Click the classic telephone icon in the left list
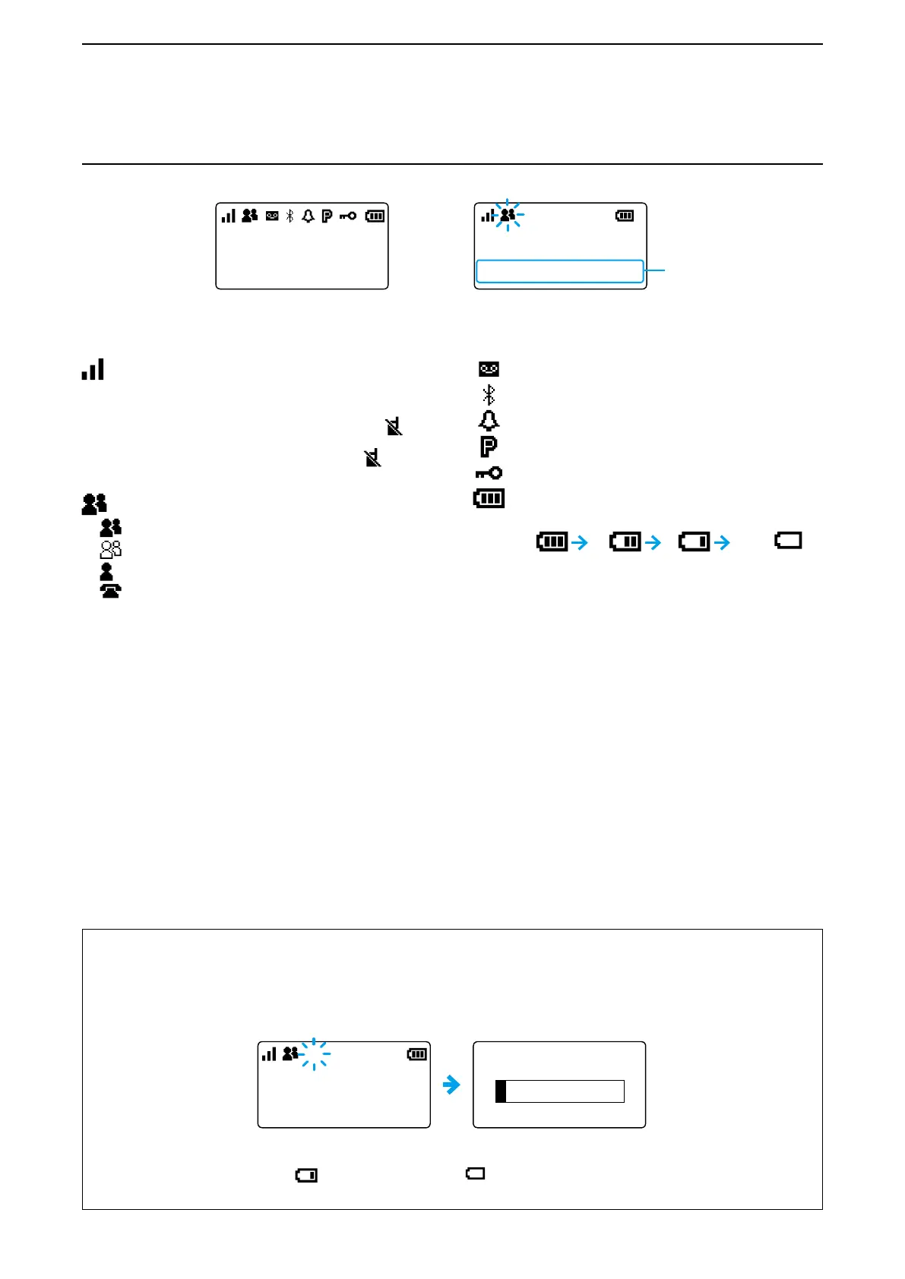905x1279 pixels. tap(110, 590)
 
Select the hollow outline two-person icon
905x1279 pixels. tap(110, 548)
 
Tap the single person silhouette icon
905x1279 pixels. tap(106, 571)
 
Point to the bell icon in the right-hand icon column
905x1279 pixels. tap(489, 420)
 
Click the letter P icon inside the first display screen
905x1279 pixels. tap(327, 216)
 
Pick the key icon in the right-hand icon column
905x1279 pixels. tap(489, 473)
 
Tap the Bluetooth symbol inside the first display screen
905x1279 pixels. tap(290, 216)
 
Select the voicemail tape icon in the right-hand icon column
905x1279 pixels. tap(489, 369)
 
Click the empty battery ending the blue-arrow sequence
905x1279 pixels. tap(788, 541)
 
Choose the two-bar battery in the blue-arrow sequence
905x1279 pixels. tap(625, 542)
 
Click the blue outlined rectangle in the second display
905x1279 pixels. tap(559, 271)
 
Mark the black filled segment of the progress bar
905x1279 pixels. tap(501, 1091)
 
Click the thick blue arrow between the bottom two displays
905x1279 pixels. tap(451, 1085)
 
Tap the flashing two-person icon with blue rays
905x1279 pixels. tap(508, 216)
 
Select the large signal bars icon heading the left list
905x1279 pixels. tap(93, 370)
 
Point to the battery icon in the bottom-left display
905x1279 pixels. tap(417, 1054)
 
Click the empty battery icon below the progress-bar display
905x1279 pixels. tap(475, 1173)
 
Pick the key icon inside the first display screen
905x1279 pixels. tap(348, 216)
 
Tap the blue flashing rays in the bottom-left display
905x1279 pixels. tap(314, 1054)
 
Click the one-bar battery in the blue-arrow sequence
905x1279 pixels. tap(694, 542)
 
